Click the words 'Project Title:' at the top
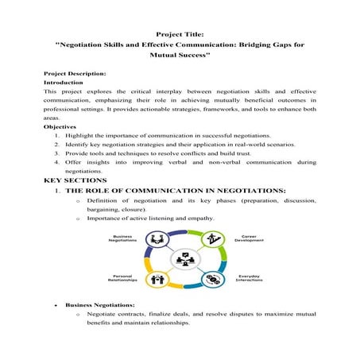coord(180,34)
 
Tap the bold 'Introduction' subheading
coord(63,82)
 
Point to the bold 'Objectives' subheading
coord(60,126)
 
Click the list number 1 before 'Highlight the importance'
coord(56,136)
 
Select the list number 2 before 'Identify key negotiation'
coord(56,145)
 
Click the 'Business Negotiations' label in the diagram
coord(122,239)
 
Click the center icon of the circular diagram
coord(184,259)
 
